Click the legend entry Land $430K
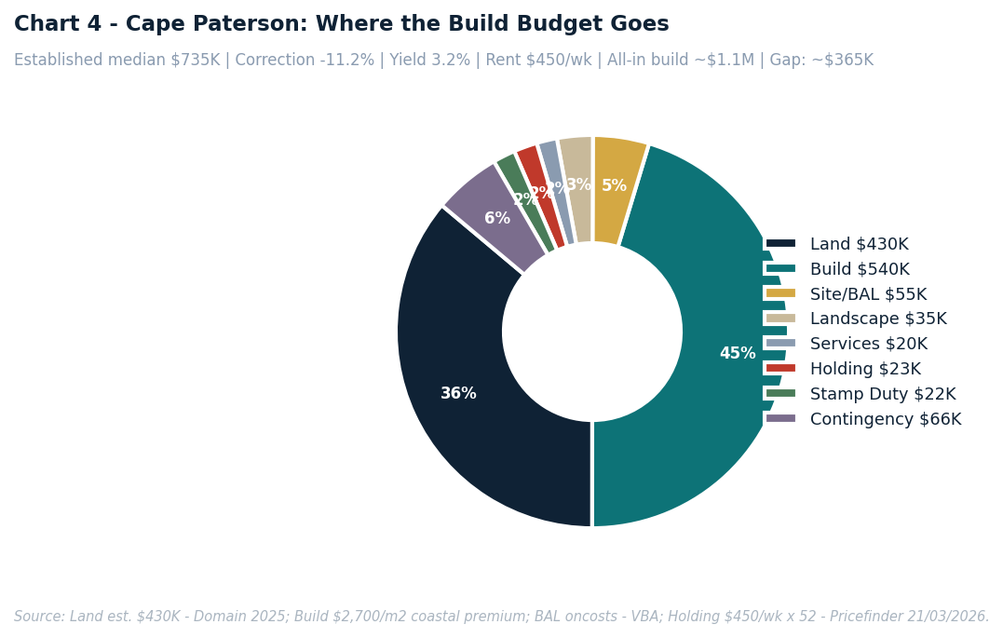pos(858,244)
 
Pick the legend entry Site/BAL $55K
pos(867,294)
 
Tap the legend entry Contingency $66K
pos(885,419)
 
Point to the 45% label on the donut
pos(738,354)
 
